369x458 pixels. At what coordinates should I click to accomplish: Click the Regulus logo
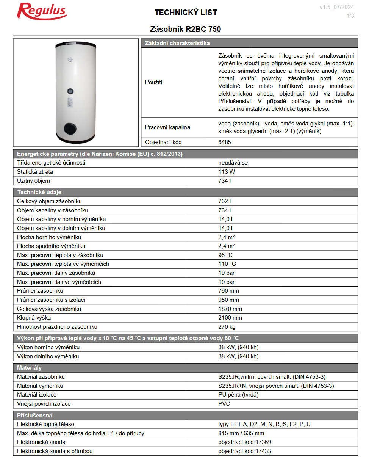[x=42, y=11]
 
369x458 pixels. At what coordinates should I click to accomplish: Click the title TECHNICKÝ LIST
[x=186, y=13]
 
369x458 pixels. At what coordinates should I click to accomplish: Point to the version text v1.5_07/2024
[x=336, y=7]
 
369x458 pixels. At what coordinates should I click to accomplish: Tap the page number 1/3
[x=350, y=16]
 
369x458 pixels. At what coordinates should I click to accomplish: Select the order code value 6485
[x=225, y=142]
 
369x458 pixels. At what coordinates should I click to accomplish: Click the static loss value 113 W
[x=227, y=172]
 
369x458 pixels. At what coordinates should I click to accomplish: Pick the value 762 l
[x=225, y=201]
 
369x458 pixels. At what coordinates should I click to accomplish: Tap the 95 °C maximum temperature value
[x=225, y=255]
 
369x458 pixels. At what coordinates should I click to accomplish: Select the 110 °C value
[x=227, y=264]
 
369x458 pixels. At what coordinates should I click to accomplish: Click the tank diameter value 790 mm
[x=228, y=291]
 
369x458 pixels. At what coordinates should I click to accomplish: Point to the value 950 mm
[x=228, y=300]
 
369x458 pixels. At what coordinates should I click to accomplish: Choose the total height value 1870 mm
[x=230, y=309]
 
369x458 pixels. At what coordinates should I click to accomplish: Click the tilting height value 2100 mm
[x=230, y=318]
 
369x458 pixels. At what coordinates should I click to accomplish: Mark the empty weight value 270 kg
[x=227, y=327]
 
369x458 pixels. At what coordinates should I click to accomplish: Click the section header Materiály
[x=30, y=368]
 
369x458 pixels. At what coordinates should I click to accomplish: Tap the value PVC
[x=224, y=404]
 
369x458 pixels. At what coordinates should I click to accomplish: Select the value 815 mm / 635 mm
[x=241, y=433]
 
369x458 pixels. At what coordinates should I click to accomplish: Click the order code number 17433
[x=263, y=451]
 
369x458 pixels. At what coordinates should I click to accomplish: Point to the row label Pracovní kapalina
[x=167, y=127]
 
